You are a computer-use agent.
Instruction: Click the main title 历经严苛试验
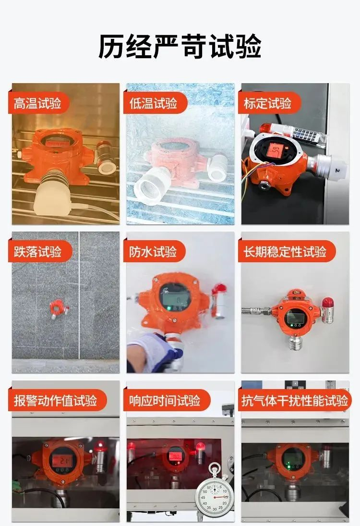(180, 47)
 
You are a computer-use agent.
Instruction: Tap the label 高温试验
(37, 103)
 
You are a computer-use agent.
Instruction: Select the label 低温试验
(153, 103)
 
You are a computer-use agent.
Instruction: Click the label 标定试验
(268, 103)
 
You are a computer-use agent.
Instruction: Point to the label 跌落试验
(37, 252)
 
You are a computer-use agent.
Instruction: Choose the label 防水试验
(153, 252)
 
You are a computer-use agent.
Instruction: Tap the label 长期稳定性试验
(285, 252)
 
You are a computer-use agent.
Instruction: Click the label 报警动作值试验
(55, 401)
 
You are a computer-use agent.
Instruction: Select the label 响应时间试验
(165, 401)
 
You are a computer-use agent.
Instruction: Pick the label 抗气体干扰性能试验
(295, 401)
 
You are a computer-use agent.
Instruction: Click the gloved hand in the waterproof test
(153, 352)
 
